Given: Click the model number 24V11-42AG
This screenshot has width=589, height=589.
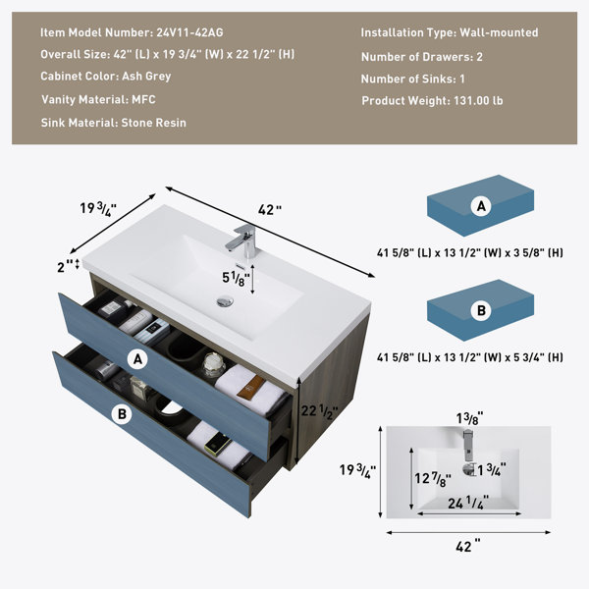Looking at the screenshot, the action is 189,32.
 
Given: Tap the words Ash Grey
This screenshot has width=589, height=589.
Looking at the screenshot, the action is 146,77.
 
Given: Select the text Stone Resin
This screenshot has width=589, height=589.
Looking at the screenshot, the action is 154,123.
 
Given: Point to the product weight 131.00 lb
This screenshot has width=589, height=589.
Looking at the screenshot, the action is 478,101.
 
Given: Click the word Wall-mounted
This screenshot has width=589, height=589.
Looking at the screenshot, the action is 499,32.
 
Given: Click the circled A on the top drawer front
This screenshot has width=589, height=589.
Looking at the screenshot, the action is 137,360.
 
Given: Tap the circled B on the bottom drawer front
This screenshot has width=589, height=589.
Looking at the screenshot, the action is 122,414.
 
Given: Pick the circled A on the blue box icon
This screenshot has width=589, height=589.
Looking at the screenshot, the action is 481,206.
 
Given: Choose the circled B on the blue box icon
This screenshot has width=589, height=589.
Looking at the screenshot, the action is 481,311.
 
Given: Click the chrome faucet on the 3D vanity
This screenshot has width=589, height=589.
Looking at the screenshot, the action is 243,241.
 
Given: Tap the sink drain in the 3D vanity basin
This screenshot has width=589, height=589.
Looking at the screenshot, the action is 225,301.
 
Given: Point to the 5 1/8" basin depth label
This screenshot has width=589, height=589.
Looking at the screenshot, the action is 236,279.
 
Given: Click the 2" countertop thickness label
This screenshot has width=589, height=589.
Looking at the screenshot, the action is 65,266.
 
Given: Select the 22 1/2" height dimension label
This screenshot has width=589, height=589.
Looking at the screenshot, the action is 319,411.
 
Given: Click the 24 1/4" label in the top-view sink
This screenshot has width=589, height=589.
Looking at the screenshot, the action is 468,503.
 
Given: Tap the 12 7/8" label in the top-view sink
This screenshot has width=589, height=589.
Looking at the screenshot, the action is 432,479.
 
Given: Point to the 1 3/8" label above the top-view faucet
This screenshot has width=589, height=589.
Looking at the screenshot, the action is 469,418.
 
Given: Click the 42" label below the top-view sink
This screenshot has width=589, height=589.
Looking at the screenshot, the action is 468,546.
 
